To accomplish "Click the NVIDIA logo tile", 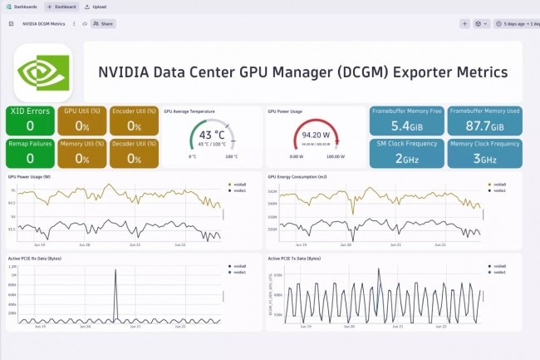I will point(43,72).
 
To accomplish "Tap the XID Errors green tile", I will point(29,120).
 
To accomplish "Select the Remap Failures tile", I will point(29,152).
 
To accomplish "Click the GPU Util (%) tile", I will point(82,120).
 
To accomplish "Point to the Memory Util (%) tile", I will point(82,152).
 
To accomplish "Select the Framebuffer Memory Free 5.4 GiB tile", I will point(407,120).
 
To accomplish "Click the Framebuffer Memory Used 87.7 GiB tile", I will point(485,120).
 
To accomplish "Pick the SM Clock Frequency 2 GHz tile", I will point(407,152).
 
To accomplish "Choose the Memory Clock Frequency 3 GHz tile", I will point(485,152).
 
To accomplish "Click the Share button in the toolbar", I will point(103,24).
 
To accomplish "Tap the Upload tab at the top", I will point(96,7).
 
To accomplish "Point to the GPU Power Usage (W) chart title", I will point(29,177).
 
